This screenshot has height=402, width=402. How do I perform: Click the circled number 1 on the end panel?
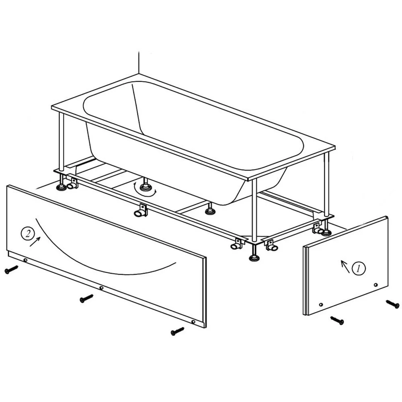[x=359, y=269]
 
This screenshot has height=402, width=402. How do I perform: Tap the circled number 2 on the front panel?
[x=28, y=234]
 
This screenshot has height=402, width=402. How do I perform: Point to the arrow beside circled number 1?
[x=345, y=267]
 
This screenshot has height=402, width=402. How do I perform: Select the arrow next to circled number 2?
[x=35, y=242]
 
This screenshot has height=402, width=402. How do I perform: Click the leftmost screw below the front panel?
[x=11, y=269]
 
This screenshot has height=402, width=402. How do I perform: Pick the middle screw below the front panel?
[x=86, y=298]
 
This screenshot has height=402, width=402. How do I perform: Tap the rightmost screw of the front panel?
[x=177, y=331]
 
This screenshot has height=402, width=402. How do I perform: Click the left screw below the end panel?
[x=337, y=320]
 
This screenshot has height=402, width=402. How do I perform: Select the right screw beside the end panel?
[x=393, y=304]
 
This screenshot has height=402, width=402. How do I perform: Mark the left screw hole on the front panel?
[x=25, y=260]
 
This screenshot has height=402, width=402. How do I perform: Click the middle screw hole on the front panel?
[x=101, y=288]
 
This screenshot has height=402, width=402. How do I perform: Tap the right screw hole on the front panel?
[x=193, y=322]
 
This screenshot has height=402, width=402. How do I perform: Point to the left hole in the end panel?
[x=321, y=305]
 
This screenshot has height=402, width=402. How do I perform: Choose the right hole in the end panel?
[x=376, y=285]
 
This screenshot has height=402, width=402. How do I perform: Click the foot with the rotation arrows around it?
[x=146, y=186]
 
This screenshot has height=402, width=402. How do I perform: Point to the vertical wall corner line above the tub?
[x=139, y=63]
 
